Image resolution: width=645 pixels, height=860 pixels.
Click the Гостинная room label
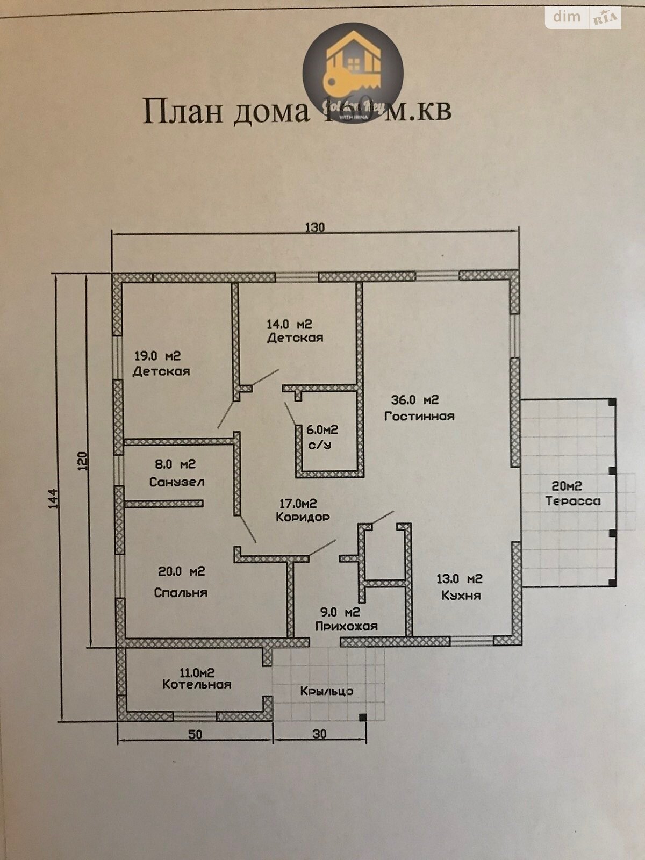[x=419, y=416]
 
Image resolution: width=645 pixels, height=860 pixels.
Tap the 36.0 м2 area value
[x=414, y=400]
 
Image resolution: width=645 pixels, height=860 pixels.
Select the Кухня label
[x=461, y=596]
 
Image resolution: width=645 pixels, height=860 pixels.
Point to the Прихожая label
[x=346, y=626]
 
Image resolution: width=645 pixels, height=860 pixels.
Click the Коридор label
[x=302, y=518]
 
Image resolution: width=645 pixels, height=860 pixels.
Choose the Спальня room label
[x=181, y=592]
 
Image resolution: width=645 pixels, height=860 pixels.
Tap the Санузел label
[x=176, y=482]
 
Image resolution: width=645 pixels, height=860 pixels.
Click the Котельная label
[x=197, y=685]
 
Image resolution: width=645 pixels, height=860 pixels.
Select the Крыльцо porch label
[x=327, y=691]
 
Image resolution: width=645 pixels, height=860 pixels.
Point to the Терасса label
[x=573, y=501]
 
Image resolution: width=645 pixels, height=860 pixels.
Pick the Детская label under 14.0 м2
[x=295, y=338]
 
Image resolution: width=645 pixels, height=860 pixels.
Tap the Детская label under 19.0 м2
[x=161, y=371]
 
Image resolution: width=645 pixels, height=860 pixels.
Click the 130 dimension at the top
[x=315, y=227]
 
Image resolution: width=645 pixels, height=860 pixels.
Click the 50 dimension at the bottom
[x=195, y=734]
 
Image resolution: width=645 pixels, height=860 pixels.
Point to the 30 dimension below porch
[x=319, y=734]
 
